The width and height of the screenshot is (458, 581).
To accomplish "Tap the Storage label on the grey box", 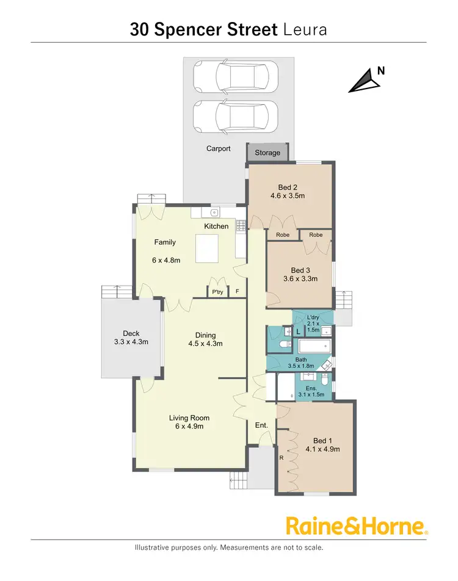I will tap(267, 153).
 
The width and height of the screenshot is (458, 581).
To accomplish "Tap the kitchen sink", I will tap(213, 212).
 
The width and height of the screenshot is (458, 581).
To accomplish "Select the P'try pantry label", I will tap(217, 292).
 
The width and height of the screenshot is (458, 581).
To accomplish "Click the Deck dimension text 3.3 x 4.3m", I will tap(131, 342).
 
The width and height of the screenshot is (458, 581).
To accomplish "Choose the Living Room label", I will tap(189, 418).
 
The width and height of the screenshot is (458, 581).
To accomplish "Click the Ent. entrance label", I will tap(261, 425).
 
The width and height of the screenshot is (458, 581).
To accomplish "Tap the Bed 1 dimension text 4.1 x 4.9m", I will tap(322, 449).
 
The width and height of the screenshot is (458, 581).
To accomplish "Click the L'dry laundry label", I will tap(313, 317).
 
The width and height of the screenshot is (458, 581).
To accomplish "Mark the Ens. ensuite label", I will tap(311, 388).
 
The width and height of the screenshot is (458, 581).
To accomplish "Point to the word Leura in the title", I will tap(305, 29).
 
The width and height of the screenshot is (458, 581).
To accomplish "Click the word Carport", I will tap(218, 148).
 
